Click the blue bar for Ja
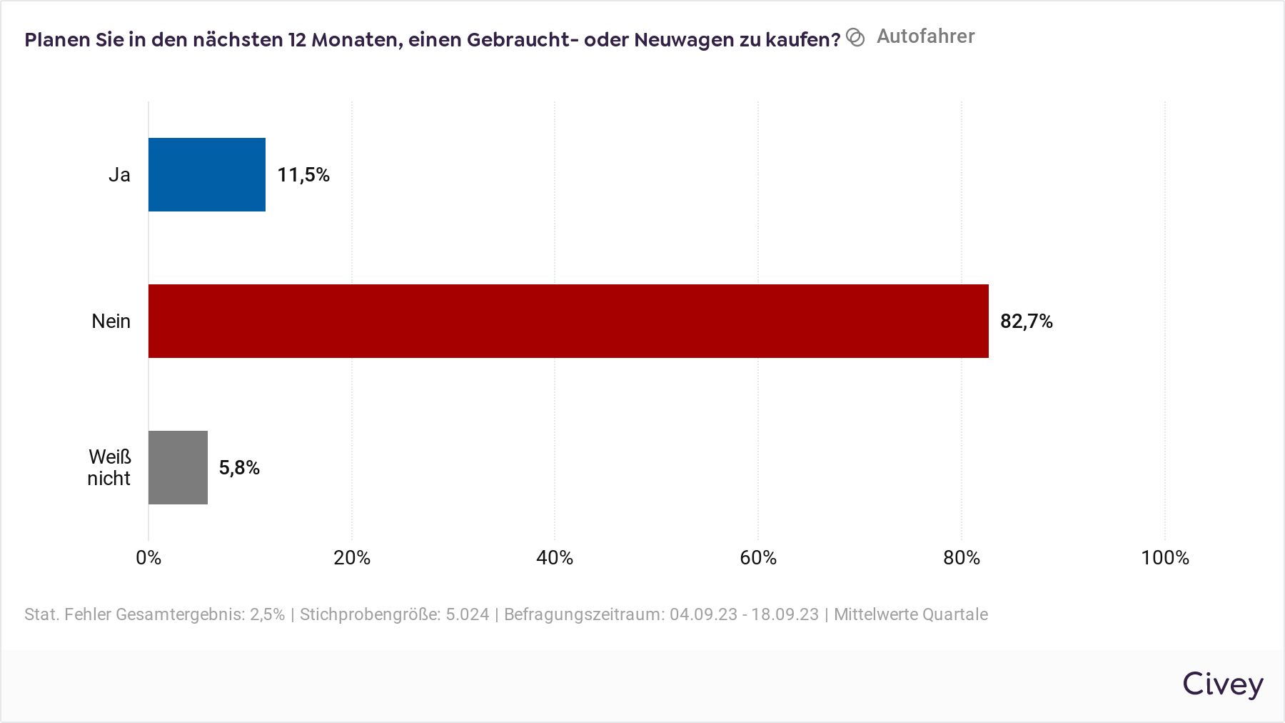pos(207,175)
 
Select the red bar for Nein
pos(568,321)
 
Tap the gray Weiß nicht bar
pos(178,468)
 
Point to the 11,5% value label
pos(303,175)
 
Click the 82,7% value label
pos(1026,321)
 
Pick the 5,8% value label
pos(239,468)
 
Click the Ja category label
pos(119,175)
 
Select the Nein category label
pos(111,321)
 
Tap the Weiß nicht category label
pos(109,468)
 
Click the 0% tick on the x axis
pos(148,558)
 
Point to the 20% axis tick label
pos(352,558)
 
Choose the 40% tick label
pos(555,558)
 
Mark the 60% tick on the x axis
pos(758,558)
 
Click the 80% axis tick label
pos(962,558)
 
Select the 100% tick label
pos(1165,558)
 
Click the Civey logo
pos(1223,684)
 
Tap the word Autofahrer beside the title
pos(925,36)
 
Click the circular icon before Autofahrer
pos(855,37)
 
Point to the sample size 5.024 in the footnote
pos(468,614)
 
